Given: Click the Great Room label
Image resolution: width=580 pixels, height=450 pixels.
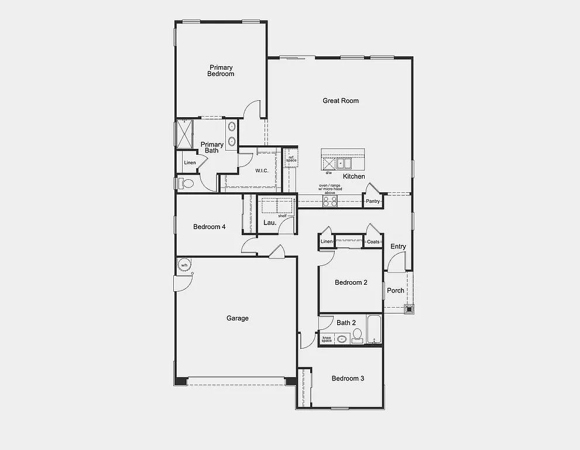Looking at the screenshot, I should click(341, 101).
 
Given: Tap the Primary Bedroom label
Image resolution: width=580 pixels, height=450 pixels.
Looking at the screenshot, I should click(221, 71).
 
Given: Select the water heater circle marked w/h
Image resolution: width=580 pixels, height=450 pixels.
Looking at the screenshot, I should click(184, 265).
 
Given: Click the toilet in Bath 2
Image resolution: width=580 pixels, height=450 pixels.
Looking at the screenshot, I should click(357, 335).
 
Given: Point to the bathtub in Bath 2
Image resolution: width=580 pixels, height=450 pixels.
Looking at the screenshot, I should click(374, 330).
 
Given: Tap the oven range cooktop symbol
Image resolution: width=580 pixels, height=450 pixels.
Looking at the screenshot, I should click(330, 200).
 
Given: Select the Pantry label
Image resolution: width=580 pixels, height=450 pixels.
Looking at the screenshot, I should click(373, 202).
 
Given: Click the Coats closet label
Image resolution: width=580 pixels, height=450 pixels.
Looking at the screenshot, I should click(373, 241).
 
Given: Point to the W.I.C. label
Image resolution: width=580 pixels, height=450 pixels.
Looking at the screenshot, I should click(262, 171).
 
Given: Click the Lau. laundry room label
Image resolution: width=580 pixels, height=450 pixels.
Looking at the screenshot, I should click(270, 223).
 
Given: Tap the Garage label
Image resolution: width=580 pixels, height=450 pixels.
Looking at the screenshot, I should click(238, 318).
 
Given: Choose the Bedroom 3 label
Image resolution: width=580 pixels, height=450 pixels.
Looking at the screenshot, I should click(348, 379).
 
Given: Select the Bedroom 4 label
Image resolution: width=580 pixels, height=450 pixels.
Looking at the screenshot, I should click(210, 227).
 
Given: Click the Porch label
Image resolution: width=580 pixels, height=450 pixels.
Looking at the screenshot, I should click(396, 291).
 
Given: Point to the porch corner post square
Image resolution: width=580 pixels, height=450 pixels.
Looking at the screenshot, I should click(409, 309).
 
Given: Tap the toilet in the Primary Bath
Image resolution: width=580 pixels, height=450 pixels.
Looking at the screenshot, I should click(186, 183).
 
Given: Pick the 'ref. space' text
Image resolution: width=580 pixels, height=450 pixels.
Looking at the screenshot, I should click(291, 159).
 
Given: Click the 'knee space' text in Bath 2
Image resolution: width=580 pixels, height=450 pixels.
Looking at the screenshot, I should click(327, 339).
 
